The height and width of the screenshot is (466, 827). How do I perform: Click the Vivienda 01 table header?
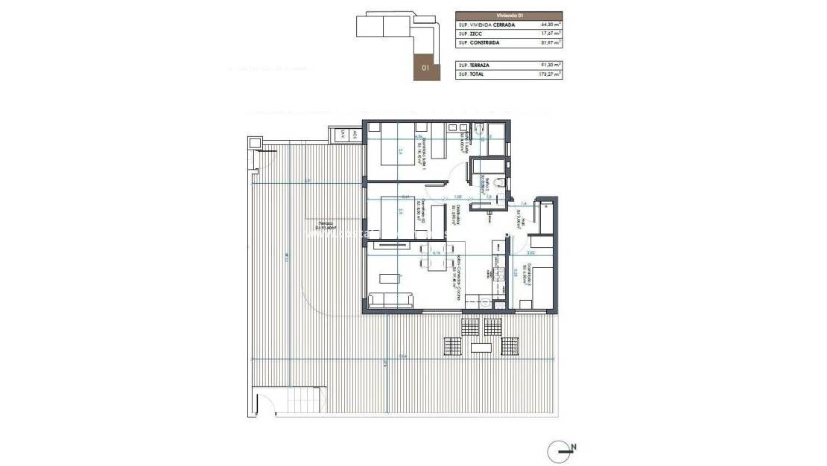point(509,15)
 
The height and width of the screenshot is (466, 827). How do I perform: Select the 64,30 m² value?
point(551,25)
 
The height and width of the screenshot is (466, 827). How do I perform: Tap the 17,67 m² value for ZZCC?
point(551,33)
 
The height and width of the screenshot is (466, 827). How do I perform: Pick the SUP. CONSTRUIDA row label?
point(479,43)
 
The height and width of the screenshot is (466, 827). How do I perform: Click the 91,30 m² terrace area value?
point(551,66)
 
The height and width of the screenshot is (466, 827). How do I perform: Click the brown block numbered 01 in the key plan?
point(425,68)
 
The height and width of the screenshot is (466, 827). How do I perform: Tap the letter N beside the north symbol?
point(574,448)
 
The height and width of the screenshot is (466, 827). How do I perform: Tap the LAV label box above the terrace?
point(343,135)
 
